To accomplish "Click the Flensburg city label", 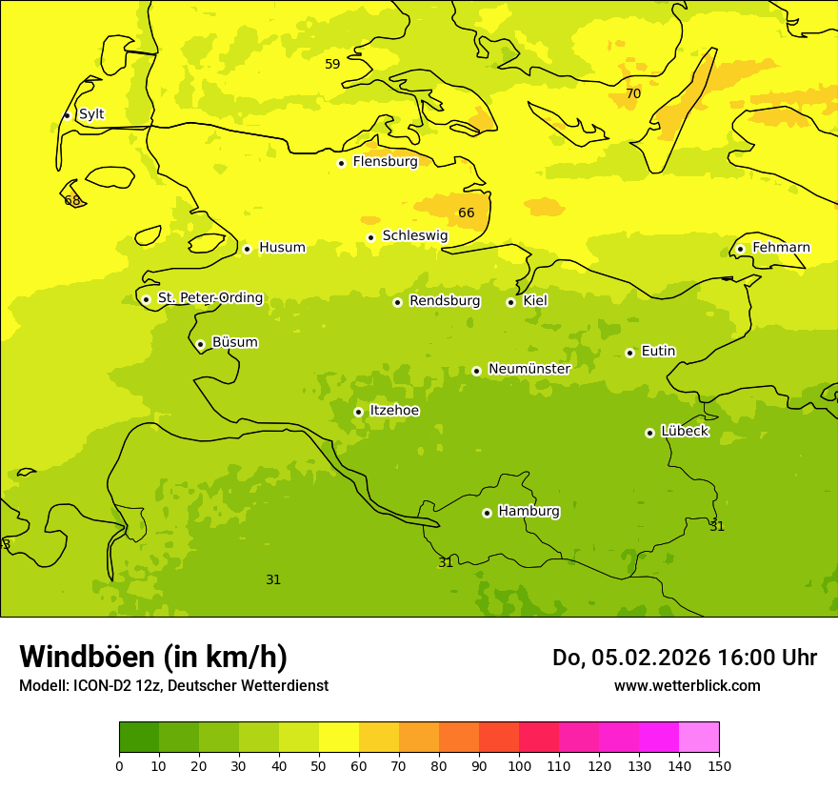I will (x=385, y=162).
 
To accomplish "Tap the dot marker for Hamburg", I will (x=487, y=513).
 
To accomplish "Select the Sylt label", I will (x=91, y=114).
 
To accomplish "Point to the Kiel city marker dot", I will (x=510, y=302).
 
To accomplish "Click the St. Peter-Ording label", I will (x=210, y=298).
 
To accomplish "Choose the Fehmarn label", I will (x=781, y=248).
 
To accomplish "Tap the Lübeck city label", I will (x=685, y=432).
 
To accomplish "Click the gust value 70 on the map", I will (x=633, y=94).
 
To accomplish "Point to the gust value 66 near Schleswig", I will (x=466, y=213).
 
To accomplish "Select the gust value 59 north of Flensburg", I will (x=332, y=65).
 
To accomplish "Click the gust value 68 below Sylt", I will (x=72, y=201).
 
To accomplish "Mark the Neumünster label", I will (x=529, y=369).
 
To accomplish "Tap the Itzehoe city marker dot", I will (x=358, y=412).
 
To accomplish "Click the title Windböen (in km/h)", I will (x=153, y=657).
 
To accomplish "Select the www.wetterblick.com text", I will (x=687, y=686).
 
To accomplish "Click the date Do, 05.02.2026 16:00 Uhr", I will (x=684, y=658).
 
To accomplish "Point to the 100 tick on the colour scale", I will (x=519, y=765).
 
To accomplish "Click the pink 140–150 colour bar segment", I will (x=699, y=738).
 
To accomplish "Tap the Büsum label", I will (x=234, y=342).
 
